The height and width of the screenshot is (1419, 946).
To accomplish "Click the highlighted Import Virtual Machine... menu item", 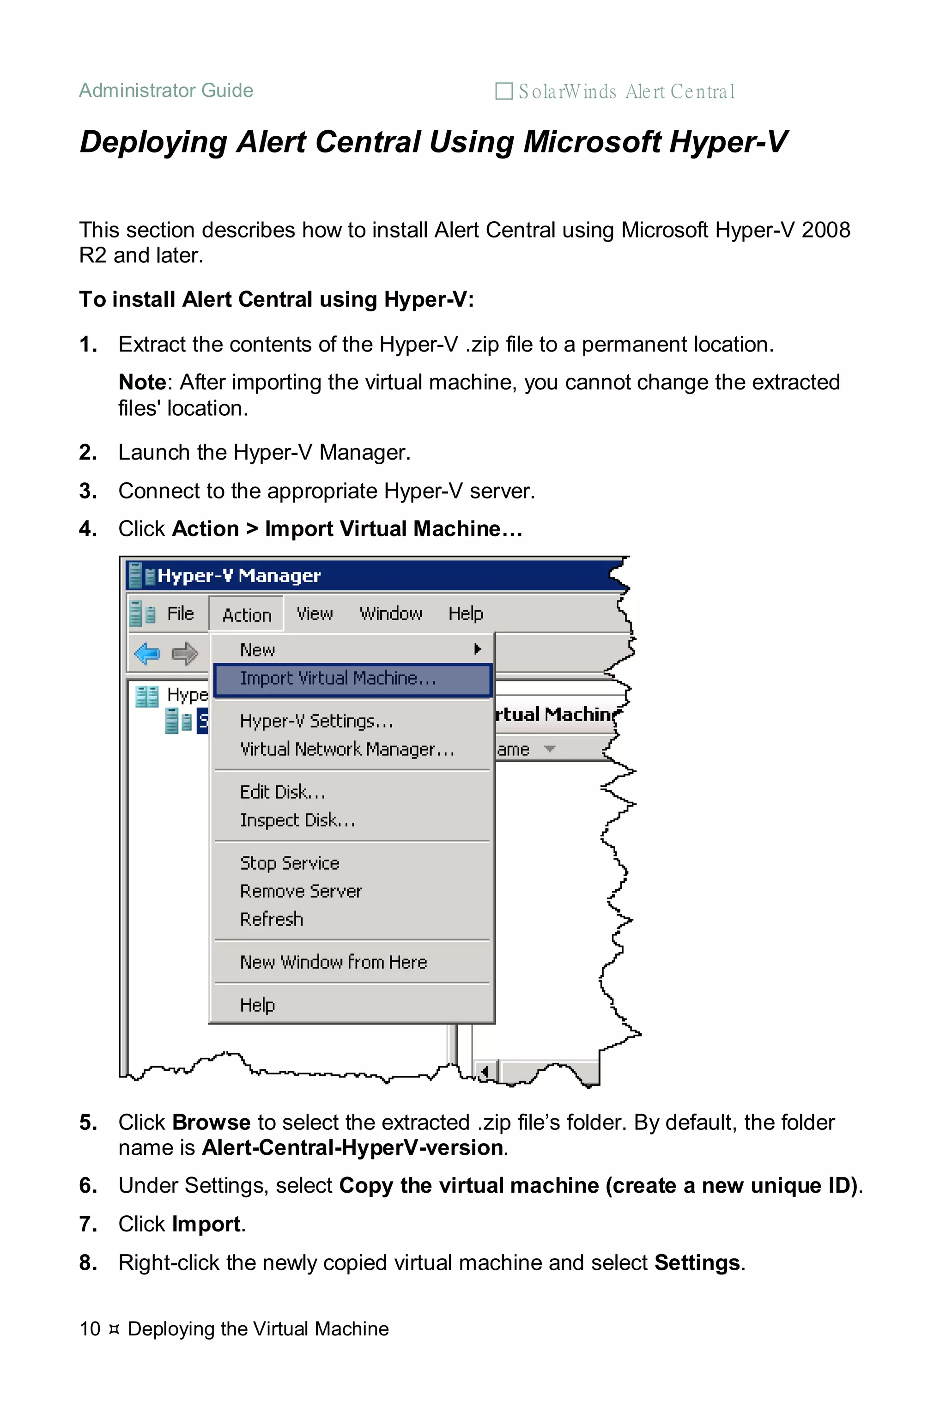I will tap(338, 679).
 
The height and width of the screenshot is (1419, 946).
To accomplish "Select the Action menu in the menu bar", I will tap(247, 615).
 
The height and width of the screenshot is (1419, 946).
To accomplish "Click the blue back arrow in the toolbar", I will tap(147, 654).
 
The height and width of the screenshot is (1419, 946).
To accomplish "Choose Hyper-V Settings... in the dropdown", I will tap(316, 722).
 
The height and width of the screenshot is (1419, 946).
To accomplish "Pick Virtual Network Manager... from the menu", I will tap(347, 749).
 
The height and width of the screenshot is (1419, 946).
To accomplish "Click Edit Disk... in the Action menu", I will tap(282, 792).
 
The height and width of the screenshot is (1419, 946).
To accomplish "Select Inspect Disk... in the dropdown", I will tap(297, 820).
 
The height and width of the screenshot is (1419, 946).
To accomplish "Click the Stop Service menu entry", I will tap(290, 863).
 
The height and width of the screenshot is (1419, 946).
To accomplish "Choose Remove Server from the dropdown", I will tap(300, 891).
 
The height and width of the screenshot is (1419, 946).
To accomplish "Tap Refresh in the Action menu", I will tap(272, 920).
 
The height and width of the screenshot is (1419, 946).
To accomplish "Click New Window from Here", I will tap(333, 962).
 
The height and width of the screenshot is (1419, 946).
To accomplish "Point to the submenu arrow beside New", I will tap(477, 649).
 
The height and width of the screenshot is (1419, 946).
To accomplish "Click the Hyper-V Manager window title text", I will tap(239, 576).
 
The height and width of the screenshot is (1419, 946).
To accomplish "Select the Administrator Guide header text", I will tap(166, 91).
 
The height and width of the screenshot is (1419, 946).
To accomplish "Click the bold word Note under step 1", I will tap(142, 382).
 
